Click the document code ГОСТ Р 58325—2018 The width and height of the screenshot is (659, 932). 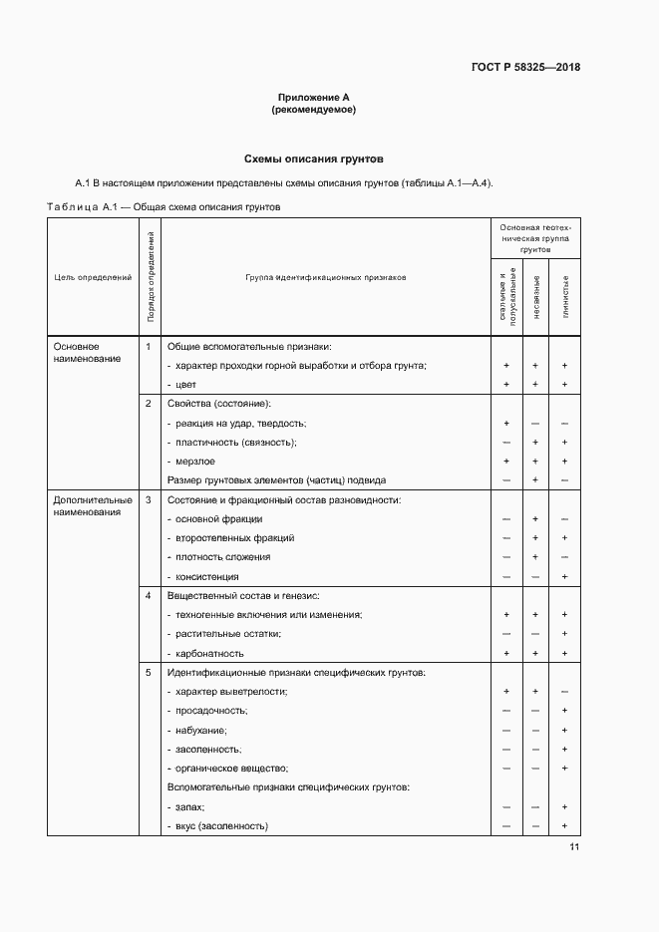click(525, 68)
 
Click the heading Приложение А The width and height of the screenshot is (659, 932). click(314, 98)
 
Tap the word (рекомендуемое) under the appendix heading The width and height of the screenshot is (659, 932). click(314, 110)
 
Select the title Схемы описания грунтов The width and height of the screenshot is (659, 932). click(314, 158)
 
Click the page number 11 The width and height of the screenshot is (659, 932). click(574, 847)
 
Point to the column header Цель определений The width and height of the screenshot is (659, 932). click(93, 278)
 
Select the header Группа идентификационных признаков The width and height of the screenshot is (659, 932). click(326, 278)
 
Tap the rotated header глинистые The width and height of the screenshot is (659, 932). click(565, 296)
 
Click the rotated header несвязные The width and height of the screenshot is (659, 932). click(535, 296)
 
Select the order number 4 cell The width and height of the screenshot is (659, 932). click(148, 595)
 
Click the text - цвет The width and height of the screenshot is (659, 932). click(182, 385)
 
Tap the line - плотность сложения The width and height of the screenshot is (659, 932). click(219, 557)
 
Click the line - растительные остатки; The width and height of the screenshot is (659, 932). click(224, 634)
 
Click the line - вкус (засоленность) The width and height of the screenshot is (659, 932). click(219, 826)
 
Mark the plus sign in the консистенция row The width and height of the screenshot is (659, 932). click(564, 576)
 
